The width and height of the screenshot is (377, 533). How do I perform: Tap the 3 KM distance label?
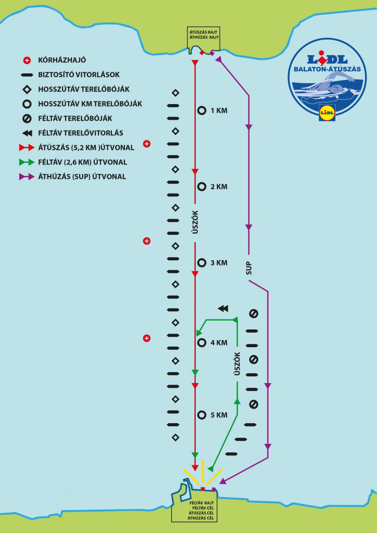pos(219,263)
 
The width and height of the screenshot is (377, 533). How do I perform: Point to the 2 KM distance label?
pos(219,187)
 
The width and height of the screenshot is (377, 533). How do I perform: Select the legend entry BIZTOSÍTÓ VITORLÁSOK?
pos(82,74)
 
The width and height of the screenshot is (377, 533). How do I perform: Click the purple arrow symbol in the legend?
pos(27,176)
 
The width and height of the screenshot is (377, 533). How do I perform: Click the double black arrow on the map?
pos(223,309)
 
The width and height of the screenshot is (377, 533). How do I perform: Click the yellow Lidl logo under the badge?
pos(326,112)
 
